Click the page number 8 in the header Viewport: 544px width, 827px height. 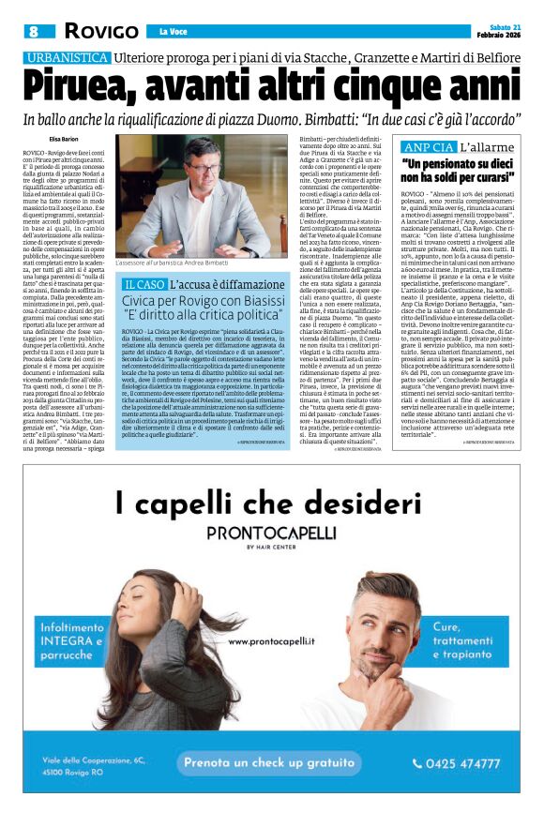pyautogui.click(x=33, y=32)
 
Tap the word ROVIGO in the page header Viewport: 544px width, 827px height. pyautogui.click(x=102, y=32)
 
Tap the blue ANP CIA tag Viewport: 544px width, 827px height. pyautogui.click(x=428, y=148)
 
